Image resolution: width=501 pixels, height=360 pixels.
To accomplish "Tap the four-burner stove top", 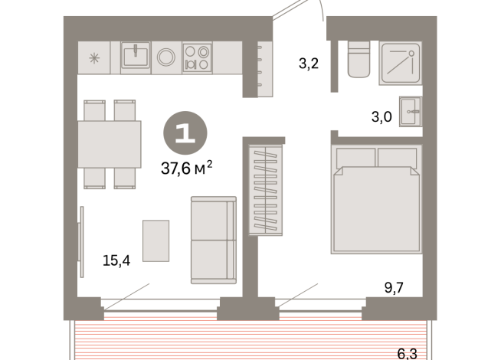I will [197, 58].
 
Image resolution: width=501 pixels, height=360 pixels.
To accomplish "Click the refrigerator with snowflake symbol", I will [93, 57].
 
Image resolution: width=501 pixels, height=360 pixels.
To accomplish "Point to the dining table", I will [110, 144].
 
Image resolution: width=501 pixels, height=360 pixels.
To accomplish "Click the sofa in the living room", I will [213, 241].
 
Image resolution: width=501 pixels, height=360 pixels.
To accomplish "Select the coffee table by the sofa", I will [156, 241].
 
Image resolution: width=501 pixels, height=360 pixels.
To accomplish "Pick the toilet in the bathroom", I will [359, 61].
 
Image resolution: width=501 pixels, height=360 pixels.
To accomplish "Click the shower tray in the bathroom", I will [400, 61].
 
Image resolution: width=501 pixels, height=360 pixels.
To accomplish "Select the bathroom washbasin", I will [410, 112].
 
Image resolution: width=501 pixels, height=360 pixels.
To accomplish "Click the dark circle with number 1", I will [183, 133].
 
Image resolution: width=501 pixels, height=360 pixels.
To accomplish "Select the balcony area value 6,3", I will [408, 353].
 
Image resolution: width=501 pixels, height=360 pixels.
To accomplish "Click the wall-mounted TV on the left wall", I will [80, 241].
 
